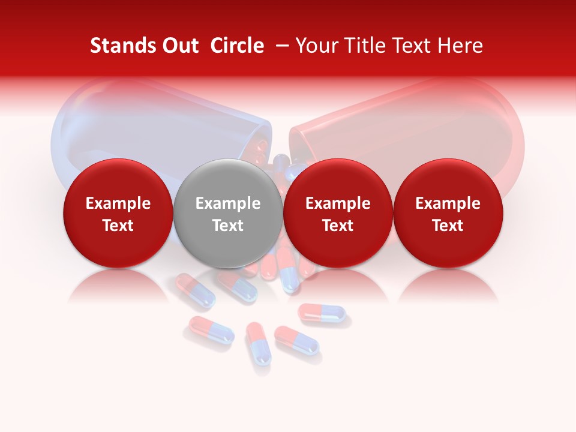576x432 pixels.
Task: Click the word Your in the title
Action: [317, 46]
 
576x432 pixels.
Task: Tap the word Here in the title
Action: [459, 46]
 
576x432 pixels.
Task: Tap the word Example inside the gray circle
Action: [228, 203]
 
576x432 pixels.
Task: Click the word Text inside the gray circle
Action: [228, 226]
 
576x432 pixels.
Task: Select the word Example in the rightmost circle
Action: [448, 203]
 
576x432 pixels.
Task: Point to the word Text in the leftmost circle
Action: [118, 226]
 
